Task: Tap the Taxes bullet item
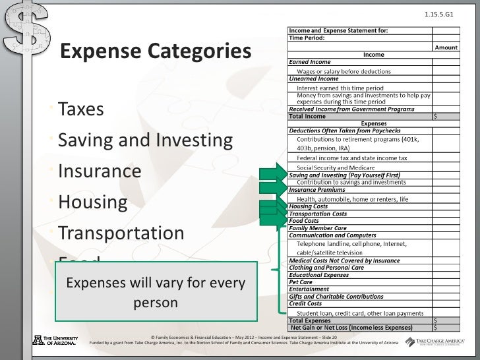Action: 81,109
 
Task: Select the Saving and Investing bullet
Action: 145,140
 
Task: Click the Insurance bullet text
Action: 100,171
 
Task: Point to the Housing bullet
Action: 92,202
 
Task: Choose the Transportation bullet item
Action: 121,233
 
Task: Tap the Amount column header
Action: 446,47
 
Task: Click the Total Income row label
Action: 307,117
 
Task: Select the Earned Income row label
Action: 309,61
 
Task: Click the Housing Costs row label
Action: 308,206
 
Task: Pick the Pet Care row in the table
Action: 301,282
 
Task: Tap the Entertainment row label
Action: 309,289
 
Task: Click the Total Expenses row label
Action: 311,320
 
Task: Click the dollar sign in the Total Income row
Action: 435,117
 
